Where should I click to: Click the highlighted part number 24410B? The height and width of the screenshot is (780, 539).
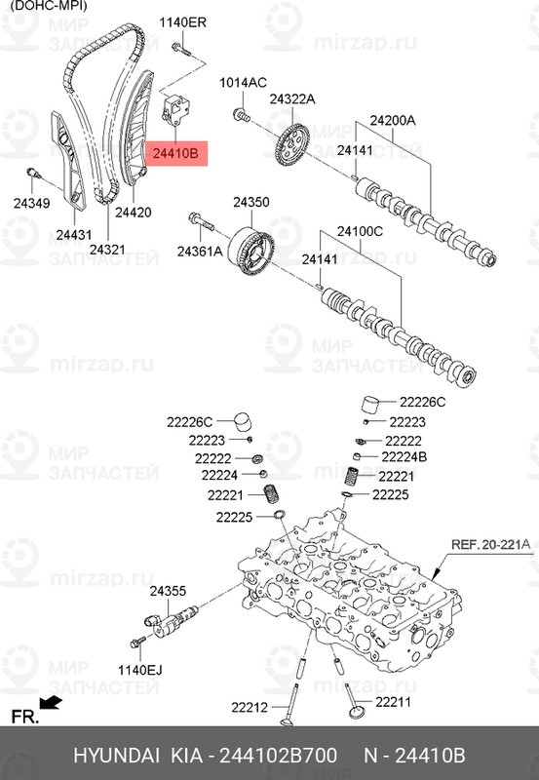point(174,153)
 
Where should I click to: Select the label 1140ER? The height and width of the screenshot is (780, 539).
point(183,21)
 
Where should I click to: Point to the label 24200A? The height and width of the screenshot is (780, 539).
point(392,121)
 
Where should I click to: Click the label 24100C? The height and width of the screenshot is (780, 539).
point(361,231)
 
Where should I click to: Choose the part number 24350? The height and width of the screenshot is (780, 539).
point(250,202)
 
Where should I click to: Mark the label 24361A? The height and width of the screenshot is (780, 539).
point(200,253)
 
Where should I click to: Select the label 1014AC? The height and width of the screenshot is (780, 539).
point(242,83)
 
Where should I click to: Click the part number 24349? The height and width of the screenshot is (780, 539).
point(29,204)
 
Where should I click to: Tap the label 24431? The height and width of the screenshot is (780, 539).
point(73,235)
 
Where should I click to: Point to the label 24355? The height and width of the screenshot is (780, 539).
point(168,591)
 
